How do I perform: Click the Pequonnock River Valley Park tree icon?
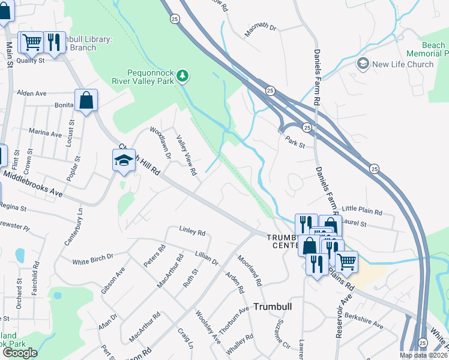(x=183, y=76)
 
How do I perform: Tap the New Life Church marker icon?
(x=363, y=64)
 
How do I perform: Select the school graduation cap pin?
(x=124, y=160)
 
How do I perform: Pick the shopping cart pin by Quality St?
(x=31, y=42)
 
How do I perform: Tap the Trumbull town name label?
(x=272, y=306)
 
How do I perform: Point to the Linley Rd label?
(x=192, y=232)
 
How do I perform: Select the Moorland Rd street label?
(x=250, y=271)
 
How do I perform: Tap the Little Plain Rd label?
(x=362, y=212)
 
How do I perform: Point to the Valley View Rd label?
(x=186, y=155)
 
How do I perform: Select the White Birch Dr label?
(x=93, y=259)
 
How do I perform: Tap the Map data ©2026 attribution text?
(x=423, y=355)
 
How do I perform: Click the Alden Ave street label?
(x=32, y=94)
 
